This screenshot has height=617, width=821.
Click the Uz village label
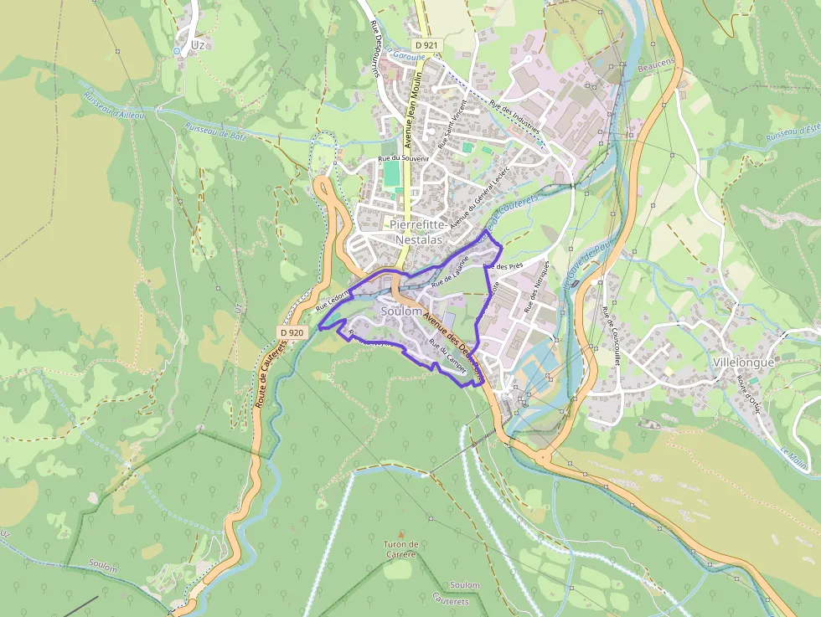tap(198, 44)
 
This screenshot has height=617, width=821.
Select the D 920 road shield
tap(291, 332)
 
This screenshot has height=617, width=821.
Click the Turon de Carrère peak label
tap(401, 549)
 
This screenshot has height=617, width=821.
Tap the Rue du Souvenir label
tap(404, 157)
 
